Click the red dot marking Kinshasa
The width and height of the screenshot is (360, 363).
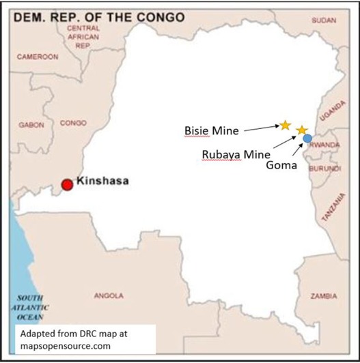(x=67, y=184)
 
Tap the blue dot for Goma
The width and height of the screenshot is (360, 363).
(x=307, y=139)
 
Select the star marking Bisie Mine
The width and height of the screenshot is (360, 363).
(x=285, y=125)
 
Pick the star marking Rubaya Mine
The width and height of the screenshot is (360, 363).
(x=301, y=130)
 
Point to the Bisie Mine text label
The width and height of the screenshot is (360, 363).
(x=211, y=129)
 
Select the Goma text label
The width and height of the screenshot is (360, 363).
(x=280, y=164)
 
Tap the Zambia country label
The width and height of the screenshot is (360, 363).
(x=323, y=296)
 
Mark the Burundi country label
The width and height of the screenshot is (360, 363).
(x=324, y=168)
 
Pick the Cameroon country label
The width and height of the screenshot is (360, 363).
(x=37, y=57)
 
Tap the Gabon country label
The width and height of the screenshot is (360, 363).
(x=31, y=125)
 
